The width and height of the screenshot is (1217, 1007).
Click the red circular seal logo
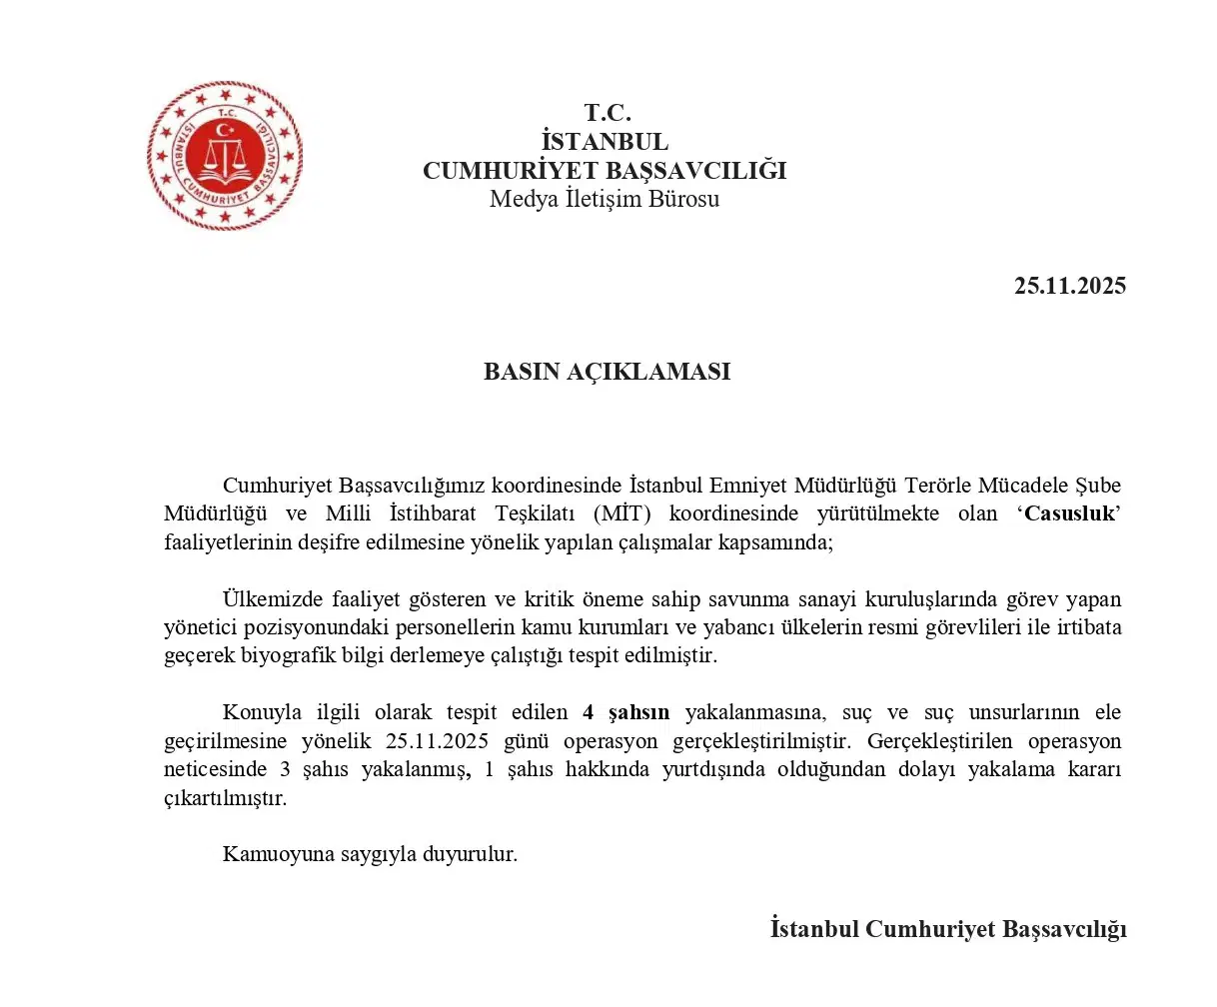(x=225, y=157)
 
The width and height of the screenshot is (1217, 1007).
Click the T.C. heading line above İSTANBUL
(x=608, y=113)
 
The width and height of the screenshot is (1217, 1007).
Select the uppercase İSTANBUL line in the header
(x=605, y=142)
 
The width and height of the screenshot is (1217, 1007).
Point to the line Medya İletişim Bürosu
(x=605, y=199)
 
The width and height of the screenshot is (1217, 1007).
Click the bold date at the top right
(x=1069, y=286)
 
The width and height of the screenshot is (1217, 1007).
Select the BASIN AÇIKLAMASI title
(x=607, y=372)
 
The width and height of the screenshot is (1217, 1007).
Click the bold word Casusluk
(x=1068, y=514)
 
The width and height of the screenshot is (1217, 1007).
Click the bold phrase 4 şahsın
(x=626, y=713)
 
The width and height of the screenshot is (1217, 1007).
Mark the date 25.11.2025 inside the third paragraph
(x=437, y=742)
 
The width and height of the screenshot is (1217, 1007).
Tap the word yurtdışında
(x=716, y=770)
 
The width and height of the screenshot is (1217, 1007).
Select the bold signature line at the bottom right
(x=948, y=929)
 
